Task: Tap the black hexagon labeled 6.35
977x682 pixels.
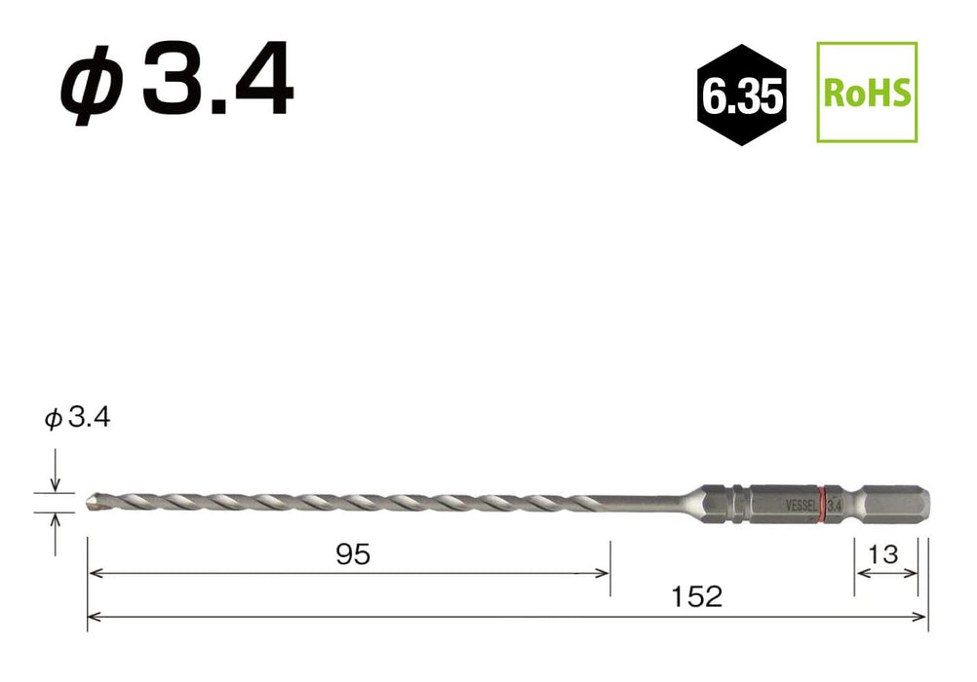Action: click(x=741, y=95)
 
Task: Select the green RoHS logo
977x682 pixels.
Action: click(x=867, y=93)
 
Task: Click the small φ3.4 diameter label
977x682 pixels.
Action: click(x=77, y=417)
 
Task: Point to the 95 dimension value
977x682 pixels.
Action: click(x=353, y=553)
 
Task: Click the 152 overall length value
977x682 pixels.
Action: click(x=696, y=596)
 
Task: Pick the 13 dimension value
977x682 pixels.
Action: click(x=883, y=553)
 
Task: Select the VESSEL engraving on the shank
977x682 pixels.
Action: click(x=801, y=506)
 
